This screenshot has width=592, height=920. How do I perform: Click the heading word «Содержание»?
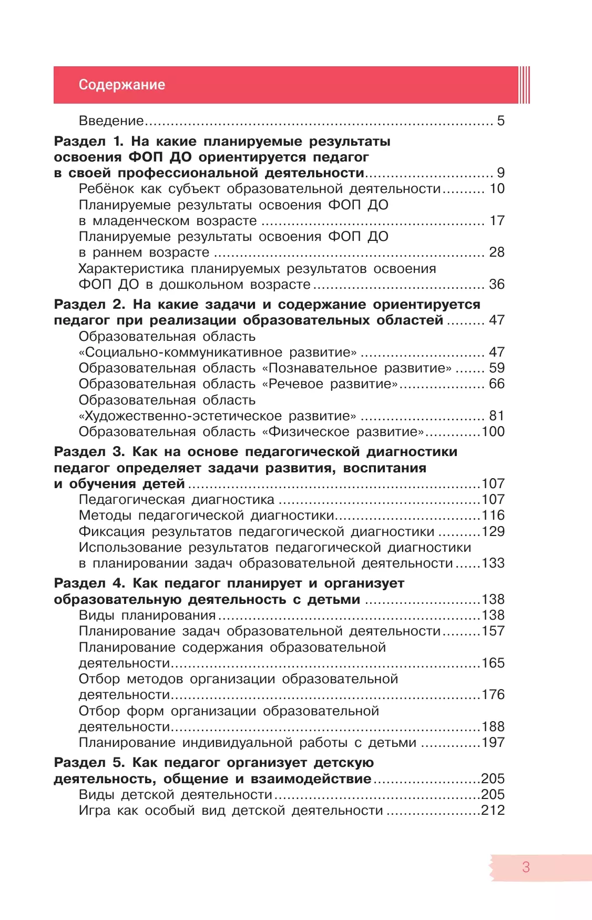point(121,85)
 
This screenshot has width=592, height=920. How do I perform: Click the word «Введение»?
point(111,121)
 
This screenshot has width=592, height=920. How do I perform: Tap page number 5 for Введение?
point(501,121)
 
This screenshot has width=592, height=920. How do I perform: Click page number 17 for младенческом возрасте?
point(496,221)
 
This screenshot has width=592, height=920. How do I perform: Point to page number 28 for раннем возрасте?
point(496,252)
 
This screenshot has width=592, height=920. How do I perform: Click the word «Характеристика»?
point(131,269)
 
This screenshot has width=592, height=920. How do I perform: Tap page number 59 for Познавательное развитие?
point(496,368)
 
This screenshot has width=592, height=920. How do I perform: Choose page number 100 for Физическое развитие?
point(493,432)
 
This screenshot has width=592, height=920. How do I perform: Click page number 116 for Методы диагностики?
point(493,515)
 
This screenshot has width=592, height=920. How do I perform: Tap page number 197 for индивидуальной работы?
point(493,743)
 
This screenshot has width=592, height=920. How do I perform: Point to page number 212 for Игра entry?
point(493,811)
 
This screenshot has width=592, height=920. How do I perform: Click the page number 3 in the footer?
point(526,867)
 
